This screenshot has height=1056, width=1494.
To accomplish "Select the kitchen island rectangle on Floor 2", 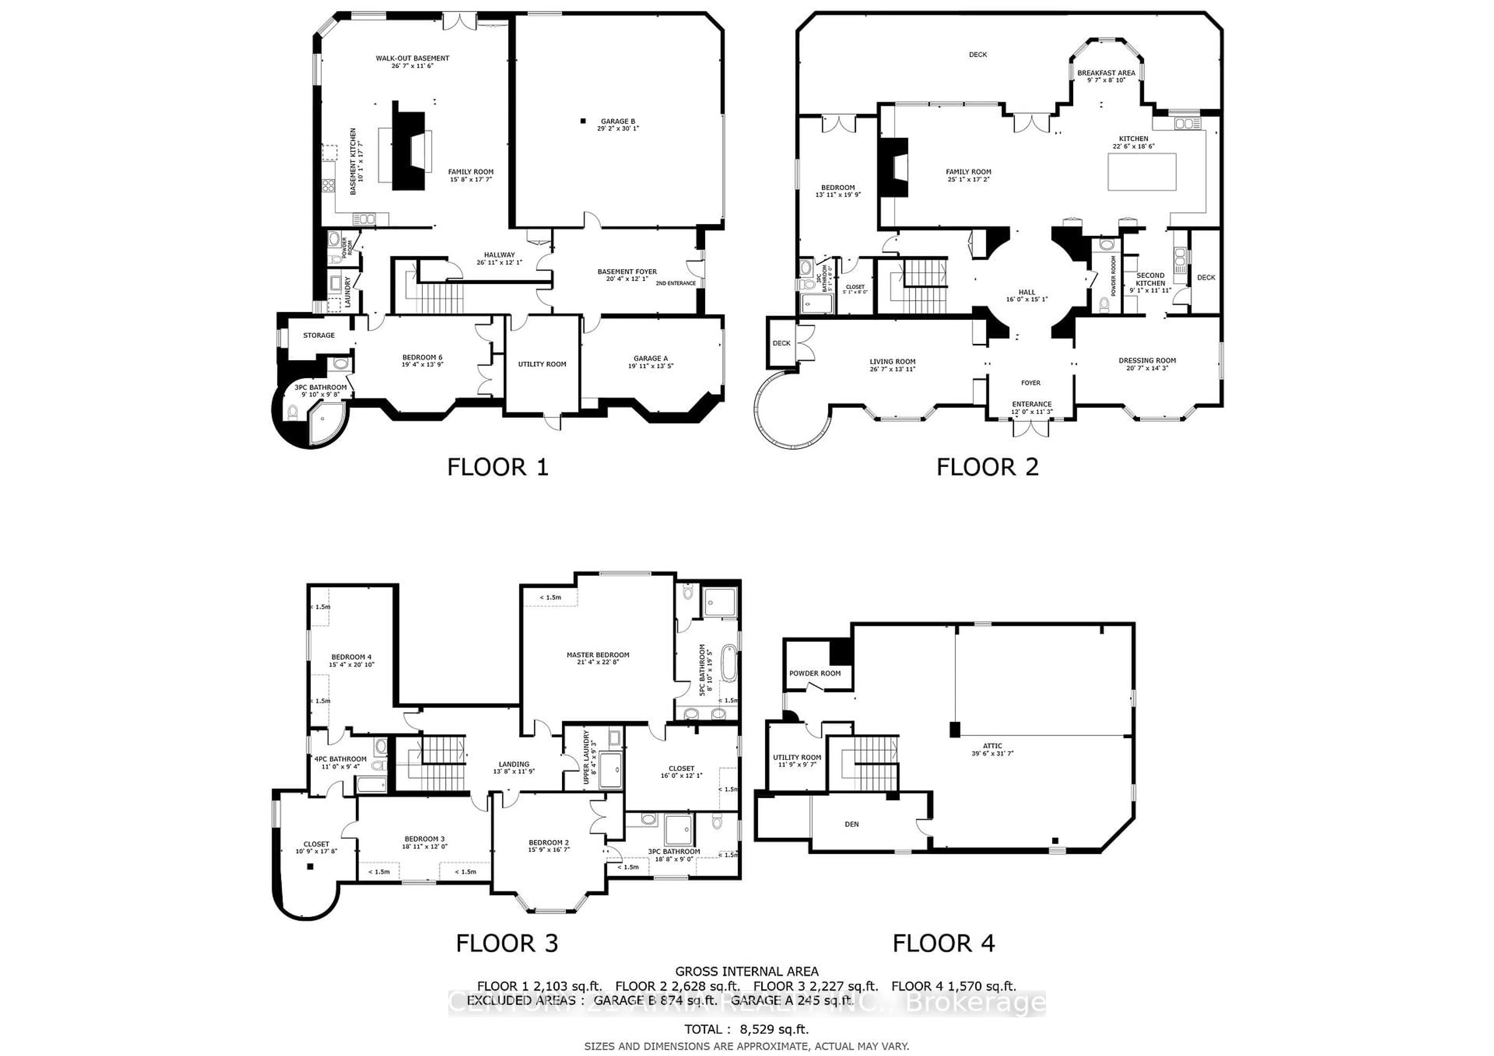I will click(1142, 172).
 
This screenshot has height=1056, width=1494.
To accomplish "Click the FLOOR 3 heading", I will click(507, 943).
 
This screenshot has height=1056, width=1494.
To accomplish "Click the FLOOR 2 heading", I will click(987, 467).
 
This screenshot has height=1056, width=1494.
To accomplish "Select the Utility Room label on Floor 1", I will click(542, 364).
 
